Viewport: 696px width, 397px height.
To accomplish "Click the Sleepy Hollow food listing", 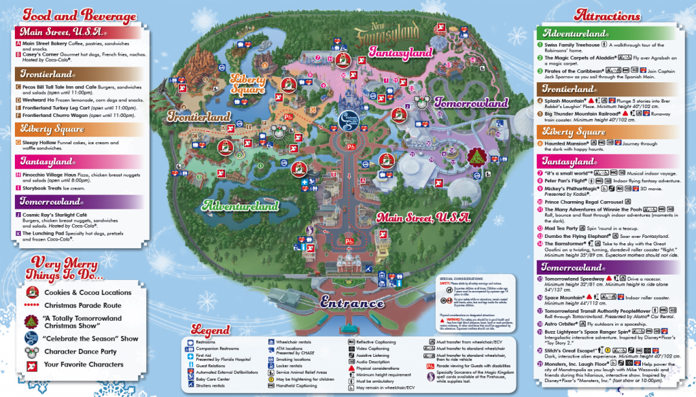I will (x=43, y=142).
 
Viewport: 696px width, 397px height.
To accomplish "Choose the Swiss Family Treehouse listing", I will (x=572, y=44).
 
